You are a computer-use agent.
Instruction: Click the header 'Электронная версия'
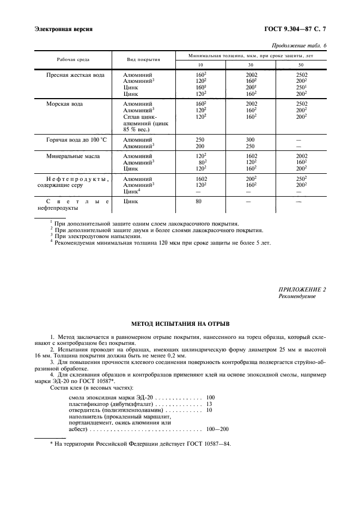[x=63, y=29]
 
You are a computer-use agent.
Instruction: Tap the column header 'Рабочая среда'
[x=73, y=59]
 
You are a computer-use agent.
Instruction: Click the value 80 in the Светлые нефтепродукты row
[x=199, y=201]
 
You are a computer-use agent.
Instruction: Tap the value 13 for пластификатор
[x=210, y=404]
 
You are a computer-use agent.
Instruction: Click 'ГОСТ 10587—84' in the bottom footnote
[x=208, y=444]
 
